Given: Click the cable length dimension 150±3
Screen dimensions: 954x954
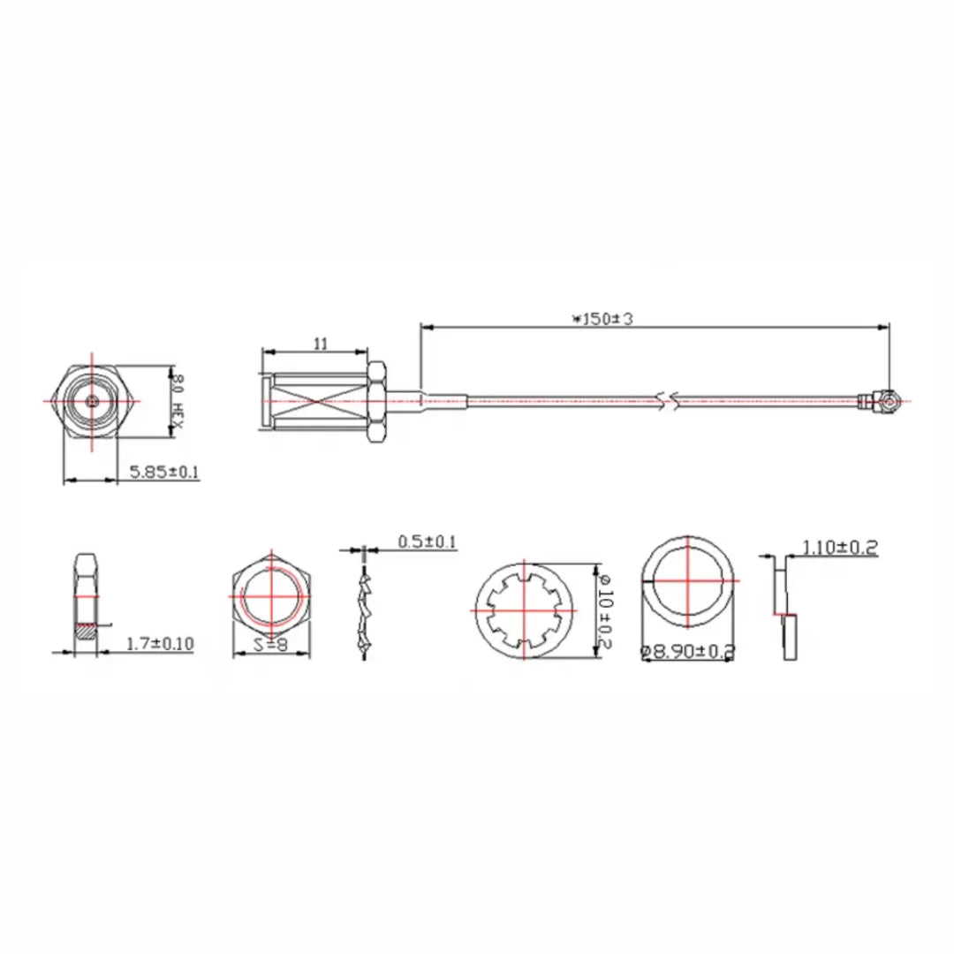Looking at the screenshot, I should click(x=603, y=319).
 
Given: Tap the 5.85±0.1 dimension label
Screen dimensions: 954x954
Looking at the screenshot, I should click(x=164, y=473).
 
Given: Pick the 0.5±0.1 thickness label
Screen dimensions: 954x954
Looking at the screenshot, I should click(x=428, y=541).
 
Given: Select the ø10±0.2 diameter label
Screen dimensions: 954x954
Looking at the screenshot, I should click(x=604, y=609).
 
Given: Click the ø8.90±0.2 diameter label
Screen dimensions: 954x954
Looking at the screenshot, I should click(x=687, y=652).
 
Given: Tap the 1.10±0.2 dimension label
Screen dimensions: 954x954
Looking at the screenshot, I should click(x=839, y=548).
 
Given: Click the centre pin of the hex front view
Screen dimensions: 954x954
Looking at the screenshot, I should click(x=93, y=400).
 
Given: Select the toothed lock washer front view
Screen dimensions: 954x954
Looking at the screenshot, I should click(x=525, y=609).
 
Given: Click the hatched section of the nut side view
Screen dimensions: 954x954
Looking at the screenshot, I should click(x=85, y=631).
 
